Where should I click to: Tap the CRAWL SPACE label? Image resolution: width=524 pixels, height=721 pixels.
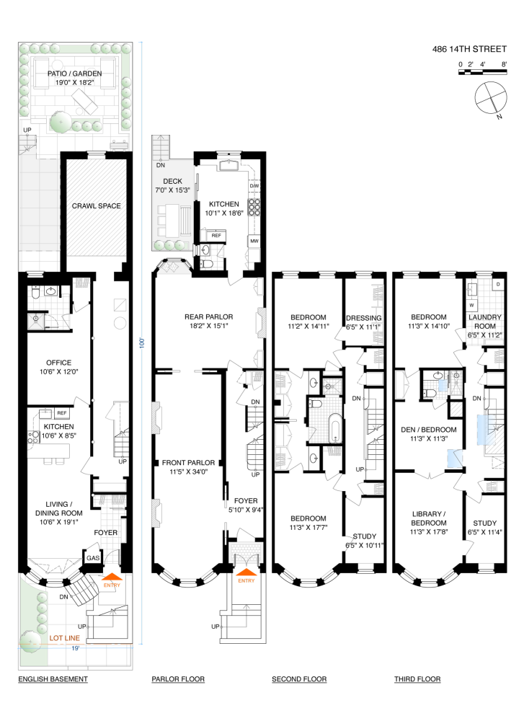96,206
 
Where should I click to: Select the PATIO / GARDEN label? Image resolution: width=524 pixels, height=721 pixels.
74,74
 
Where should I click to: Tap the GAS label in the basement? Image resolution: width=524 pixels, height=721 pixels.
93,559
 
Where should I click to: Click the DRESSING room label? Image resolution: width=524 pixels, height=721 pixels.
363,318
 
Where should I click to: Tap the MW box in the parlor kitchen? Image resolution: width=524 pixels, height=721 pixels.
254,241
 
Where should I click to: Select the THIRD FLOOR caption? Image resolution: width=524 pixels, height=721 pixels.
417,679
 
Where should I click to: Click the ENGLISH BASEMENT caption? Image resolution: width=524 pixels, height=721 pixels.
53,679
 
